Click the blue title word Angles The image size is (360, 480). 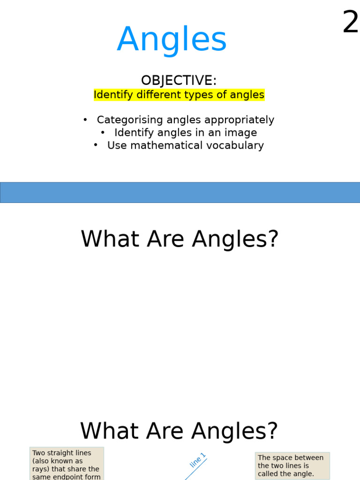(172, 40)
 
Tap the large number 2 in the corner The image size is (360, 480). (350, 22)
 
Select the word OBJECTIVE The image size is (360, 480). (179, 81)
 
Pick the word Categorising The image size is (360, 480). (129, 120)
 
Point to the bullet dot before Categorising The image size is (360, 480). (85, 120)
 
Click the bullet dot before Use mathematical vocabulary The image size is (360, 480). (96, 145)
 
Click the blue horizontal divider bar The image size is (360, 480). (180, 193)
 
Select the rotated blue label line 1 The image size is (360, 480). (197, 460)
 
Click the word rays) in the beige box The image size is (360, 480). (41, 469)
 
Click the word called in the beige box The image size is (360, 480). (268, 474)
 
